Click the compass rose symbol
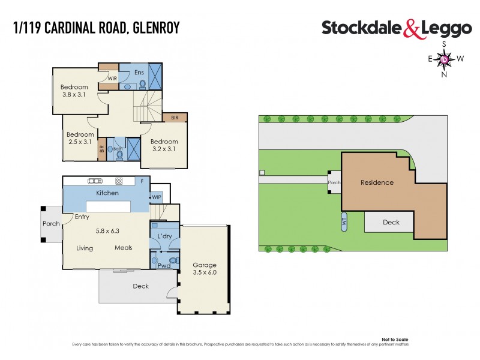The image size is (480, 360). click(x=444, y=59)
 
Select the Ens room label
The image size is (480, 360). click(x=138, y=73)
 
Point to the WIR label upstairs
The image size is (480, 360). click(x=112, y=79)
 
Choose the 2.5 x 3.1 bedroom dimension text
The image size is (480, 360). click(x=80, y=143)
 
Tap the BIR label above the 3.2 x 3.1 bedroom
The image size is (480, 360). click(x=175, y=118)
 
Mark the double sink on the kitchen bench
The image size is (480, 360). click(x=94, y=181)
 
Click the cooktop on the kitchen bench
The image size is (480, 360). click(x=119, y=181)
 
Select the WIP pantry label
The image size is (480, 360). click(x=156, y=197)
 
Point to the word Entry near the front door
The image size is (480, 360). click(x=82, y=217)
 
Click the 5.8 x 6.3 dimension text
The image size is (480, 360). click(x=107, y=230)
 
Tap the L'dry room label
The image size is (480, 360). click(x=164, y=238)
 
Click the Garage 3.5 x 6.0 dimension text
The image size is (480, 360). click(x=204, y=272)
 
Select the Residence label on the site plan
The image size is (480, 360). click(x=377, y=182)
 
